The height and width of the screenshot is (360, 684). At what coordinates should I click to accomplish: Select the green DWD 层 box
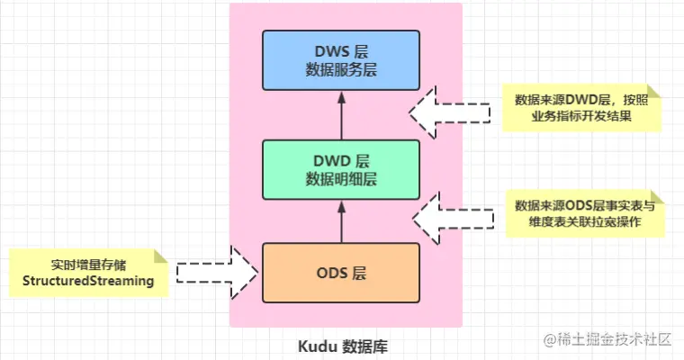click(x=340, y=169)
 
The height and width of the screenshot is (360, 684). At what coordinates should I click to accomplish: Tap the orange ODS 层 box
click(x=340, y=272)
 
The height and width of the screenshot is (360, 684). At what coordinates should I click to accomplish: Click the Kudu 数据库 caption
click(x=345, y=345)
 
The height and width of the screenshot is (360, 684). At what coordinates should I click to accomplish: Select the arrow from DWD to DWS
click(x=340, y=115)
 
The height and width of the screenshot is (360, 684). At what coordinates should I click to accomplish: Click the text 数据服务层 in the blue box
click(x=340, y=70)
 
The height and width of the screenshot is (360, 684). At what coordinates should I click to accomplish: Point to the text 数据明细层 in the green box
click(x=340, y=178)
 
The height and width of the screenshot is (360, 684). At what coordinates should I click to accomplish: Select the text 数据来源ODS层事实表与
click(x=580, y=205)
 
